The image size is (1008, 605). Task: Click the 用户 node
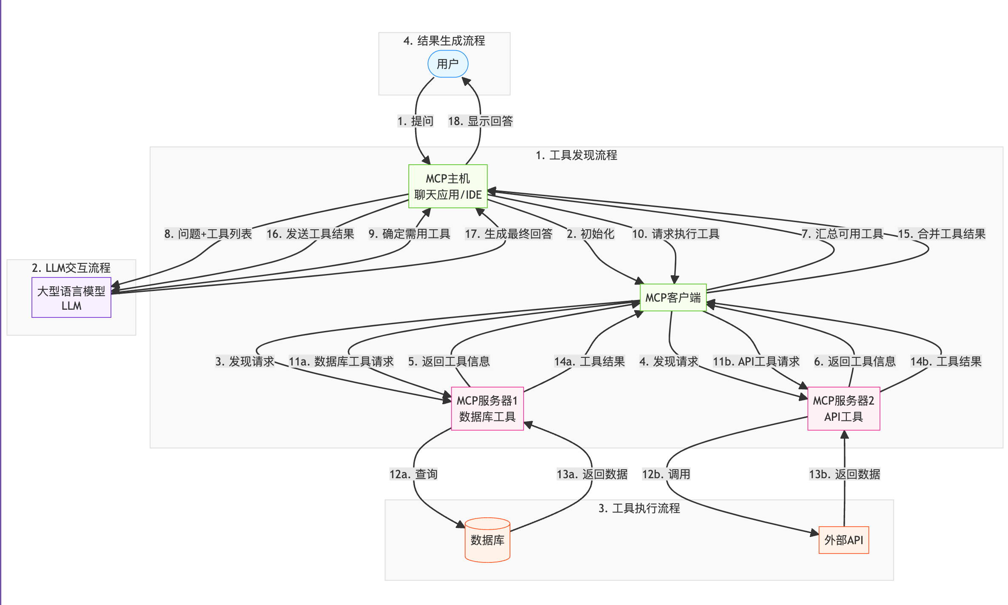pyautogui.click(x=448, y=64)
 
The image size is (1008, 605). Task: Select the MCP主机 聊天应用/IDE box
pyautogui.click(x=448, y=186)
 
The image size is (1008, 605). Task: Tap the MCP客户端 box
pyautogui.click(x=673, y=297)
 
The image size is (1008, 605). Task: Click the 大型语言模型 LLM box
pyautogui.click(x=71, y=298)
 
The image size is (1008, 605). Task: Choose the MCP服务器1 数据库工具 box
pyautogui.click(x=487, y=408)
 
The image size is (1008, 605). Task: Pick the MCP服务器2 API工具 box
pyautogui.click(x=843, y=408)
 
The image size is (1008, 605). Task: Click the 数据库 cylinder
pyautogui.click(x=487, y=540)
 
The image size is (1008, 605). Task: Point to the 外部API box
pyautogui.click(x=843, y=540)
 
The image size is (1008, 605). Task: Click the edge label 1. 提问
pyautogui.click(x=416, y=121)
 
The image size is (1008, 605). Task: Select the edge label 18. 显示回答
pyautogui.click(x=480, y=121)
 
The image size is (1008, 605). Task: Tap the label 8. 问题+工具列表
pyautogui.click(x=208, y=234)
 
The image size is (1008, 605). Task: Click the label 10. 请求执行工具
pyautogui.click(x=675, y=234)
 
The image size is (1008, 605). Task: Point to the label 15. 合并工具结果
pyautogui.click(x=942, y=234)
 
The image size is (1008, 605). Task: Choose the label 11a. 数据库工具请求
pyautogui.click(x=341, y=362)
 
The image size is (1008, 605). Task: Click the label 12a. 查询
pyautogui.click(x=413, y=474)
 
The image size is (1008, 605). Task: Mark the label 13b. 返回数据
pyautogui.click(x=844, y=474)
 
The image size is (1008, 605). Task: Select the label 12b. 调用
pyautogui.click(x=666, y=474)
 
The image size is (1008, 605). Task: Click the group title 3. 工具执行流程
pyautogui.click(x=639, y=508)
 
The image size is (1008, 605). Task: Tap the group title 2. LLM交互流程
pyautogui.click(x=71, y=268)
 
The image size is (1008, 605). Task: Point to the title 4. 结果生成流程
pyautogui.click(x=444, y=41)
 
